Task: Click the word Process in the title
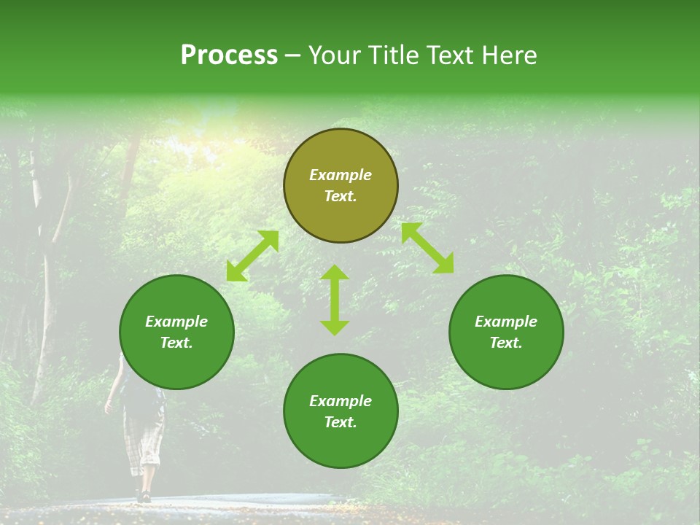(x=229, y=55)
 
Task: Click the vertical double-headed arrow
(x=335, y=300)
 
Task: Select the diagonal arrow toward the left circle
(x=252, y=256)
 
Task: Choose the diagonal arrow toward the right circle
(x=427, y=248)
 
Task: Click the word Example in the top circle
(x=341, y=175)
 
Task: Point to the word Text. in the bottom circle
(x=341, y=422)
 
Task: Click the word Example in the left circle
(x=176, y=322)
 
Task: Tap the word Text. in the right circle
(x=506, y=343)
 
